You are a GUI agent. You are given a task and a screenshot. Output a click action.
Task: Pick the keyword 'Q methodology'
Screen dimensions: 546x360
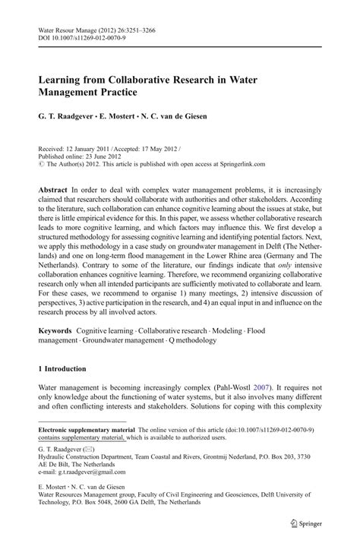(x=196, y=342)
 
